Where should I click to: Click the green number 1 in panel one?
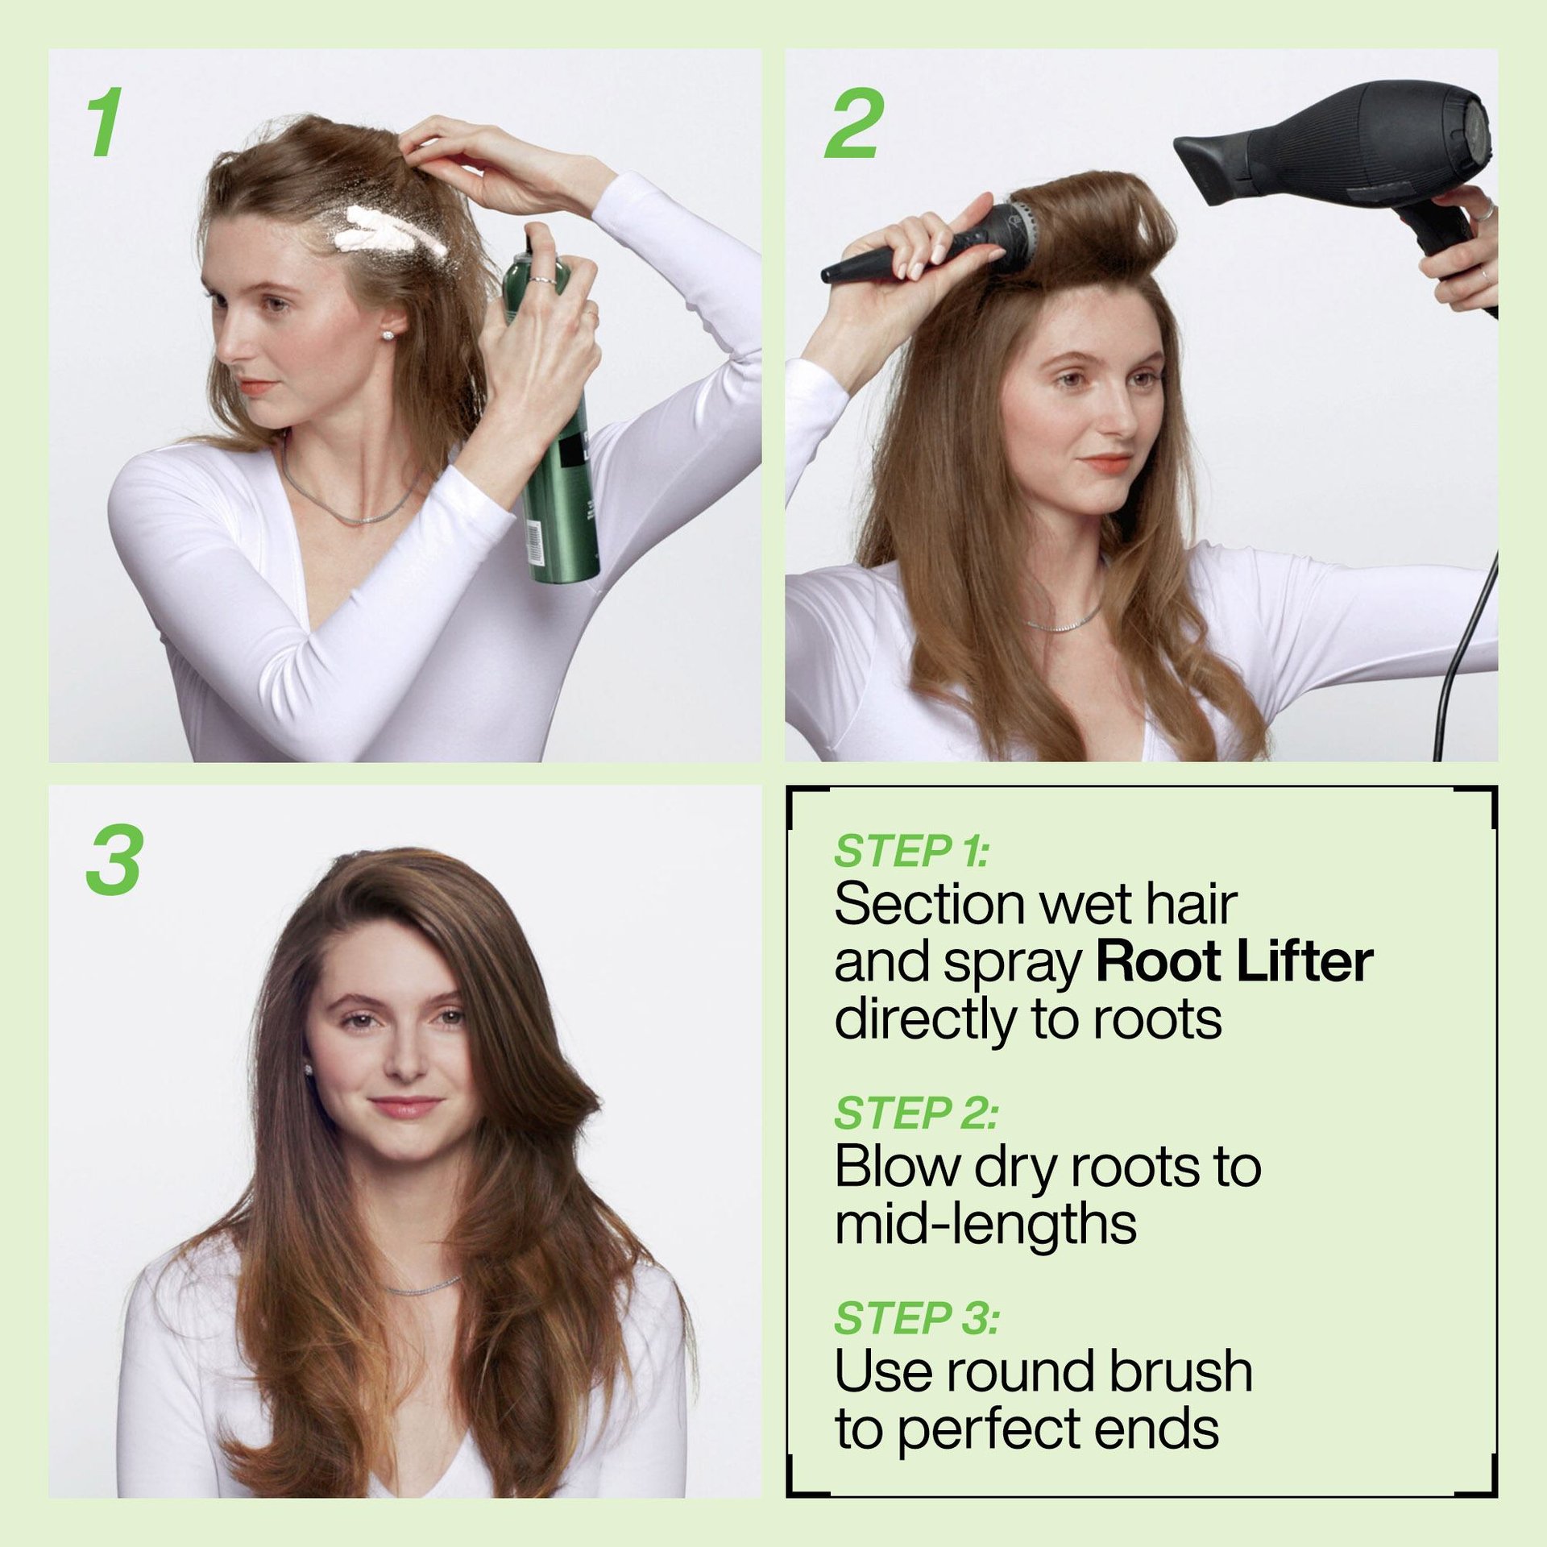point(106,123)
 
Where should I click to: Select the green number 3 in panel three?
point(114,860)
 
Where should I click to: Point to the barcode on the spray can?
point(534,541)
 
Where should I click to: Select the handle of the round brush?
point(886,258)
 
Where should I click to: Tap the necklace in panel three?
point(422,1287)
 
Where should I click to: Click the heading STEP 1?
point(911,852)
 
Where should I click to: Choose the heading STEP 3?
point(917,1318)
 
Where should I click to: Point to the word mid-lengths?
point(985,1224)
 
